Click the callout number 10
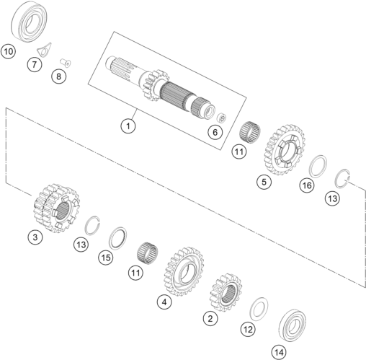8,51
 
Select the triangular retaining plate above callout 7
44,50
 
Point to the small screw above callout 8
66,63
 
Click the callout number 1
128,126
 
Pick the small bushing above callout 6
221,118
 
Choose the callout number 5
264,182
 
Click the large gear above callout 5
285,149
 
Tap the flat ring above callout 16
318,167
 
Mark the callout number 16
307,185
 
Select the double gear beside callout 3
56,208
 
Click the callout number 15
106,258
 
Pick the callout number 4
164,302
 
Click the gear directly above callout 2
226,292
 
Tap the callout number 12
248,329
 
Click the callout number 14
279,352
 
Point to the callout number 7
35,64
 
